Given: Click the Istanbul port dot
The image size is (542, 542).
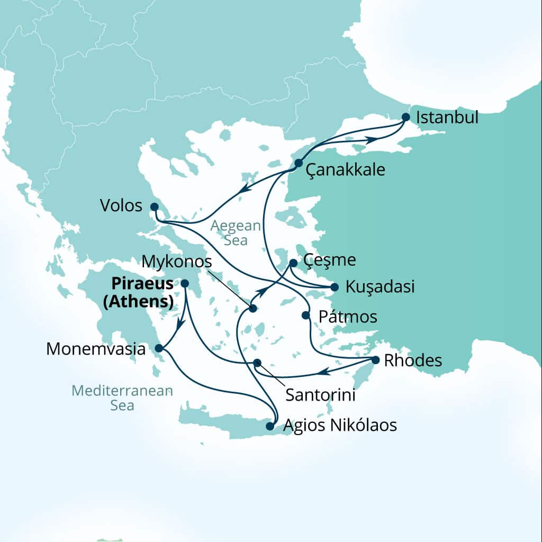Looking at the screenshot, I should point(406,117).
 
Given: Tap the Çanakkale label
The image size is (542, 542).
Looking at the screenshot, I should point(346,170).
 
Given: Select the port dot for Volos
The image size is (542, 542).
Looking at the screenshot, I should point(154,206).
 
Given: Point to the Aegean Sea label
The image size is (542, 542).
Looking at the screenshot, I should point(236,233).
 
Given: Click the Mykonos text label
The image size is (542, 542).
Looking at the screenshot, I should point(177,261).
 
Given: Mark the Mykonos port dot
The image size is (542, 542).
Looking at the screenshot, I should point(253,308).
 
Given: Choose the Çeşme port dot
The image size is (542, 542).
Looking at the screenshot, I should point(293,263).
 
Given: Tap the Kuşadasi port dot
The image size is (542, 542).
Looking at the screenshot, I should point(335,287).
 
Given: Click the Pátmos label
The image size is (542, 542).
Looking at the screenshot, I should point(348,317).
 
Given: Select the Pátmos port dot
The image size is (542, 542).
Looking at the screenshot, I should point(305,315).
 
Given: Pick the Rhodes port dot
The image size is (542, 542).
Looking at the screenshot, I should point(375,360).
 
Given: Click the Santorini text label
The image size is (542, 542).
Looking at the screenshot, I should point(320,395).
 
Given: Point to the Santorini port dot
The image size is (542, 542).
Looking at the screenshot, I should point(257,363).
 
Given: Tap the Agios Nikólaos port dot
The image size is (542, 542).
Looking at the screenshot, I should point(270,426).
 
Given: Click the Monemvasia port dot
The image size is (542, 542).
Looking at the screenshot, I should point(159,348).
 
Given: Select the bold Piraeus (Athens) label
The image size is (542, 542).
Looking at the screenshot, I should point(139,293).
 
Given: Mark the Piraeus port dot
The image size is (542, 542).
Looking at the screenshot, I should point(185,284).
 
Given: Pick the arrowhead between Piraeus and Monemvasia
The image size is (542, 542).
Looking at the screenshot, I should point(179,325).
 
